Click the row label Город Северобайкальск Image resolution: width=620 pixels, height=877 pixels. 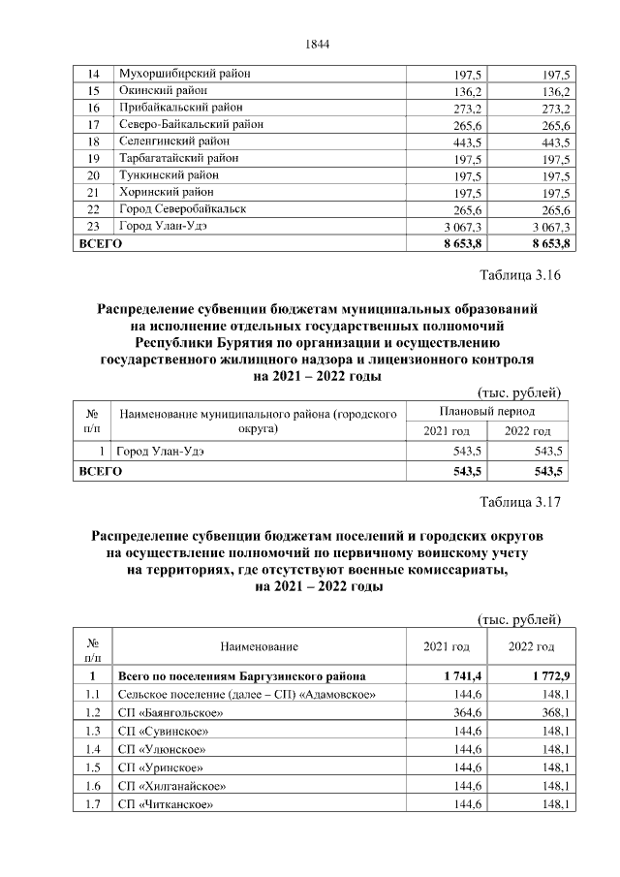(182, 208)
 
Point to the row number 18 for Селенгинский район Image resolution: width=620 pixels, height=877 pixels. (93, 141)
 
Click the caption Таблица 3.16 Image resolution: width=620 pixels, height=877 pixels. (520, 275)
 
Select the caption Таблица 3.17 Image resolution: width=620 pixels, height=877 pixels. (520, 502)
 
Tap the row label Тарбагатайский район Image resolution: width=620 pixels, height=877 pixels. (178, 158)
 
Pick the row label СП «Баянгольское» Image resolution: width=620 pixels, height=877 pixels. (165, 712)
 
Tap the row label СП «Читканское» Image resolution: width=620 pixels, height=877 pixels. (164, 804)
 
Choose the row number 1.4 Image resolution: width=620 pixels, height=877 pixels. (93, 749)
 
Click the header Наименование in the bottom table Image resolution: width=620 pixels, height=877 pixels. (259, 646)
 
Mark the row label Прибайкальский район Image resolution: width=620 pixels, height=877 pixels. (180, 108)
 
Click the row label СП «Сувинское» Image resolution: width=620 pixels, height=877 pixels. (162, 731)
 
